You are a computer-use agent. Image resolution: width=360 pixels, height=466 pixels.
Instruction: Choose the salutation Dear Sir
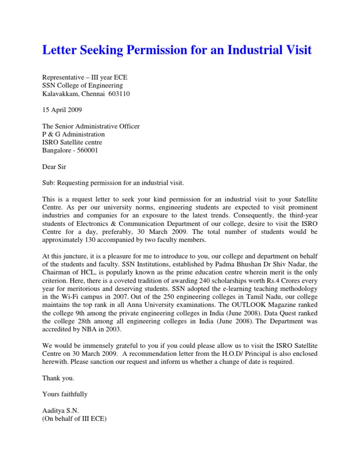55,166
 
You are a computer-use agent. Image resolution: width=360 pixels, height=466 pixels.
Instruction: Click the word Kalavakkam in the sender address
60,94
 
